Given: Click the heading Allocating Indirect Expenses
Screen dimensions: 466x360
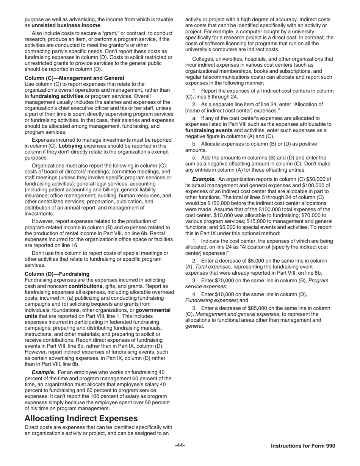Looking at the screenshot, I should (x=81, y=418).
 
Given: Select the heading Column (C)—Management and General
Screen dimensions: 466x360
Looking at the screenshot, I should (x=74, y=78).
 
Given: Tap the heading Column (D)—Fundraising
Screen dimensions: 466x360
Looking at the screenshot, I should (x=57, y=274).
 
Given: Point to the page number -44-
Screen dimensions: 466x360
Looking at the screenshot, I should (x=180, y=446).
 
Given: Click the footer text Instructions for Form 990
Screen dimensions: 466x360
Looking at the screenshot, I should (x=303, y=446).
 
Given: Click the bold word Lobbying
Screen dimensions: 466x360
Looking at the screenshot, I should (x=69, y=146).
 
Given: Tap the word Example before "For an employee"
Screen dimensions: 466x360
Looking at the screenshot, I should (x=43, y=372).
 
